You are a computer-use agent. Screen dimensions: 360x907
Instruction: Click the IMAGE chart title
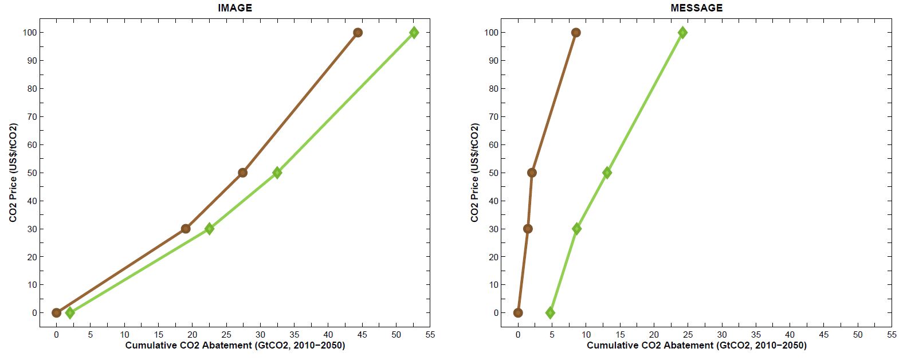click(x=234, y=8)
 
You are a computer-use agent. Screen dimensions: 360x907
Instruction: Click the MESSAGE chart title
click(x=696, y=8)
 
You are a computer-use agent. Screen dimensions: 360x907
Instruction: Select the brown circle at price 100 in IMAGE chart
click(x=358, y=33)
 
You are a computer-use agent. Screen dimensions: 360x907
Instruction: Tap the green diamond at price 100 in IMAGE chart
click(x=414, y=33)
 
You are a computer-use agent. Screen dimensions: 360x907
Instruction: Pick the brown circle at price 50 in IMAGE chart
click(x=242, y=173)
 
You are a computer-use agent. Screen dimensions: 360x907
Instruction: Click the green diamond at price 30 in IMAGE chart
click(x=209, y=229)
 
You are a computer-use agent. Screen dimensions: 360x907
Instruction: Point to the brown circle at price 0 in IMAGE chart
click(x=56, y=312)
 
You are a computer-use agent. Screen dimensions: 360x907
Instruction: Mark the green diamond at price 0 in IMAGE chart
click(x=70, y=312)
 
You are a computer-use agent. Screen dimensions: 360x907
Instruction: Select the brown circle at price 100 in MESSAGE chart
click(x=576, y=33)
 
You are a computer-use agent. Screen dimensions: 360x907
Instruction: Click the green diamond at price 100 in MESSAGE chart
click(x=682, y=33)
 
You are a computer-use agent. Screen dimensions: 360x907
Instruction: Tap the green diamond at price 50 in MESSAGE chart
click(x=607, y=173)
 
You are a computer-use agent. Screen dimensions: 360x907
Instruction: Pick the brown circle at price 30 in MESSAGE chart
click(x=528, y=229)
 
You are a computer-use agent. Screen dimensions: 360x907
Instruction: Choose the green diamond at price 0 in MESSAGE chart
click(x=550, y=312)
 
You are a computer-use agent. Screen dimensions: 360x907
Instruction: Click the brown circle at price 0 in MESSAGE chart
click(x=518, y=312)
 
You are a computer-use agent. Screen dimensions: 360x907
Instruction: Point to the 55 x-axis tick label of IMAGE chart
click(x=430, y=335)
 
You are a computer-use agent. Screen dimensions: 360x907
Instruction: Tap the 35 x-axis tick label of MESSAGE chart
click(x=756, y=335)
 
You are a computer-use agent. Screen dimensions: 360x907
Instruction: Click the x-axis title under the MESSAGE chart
click(x=696, y=346)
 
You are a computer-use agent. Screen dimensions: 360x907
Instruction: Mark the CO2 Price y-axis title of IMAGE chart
click(x=13, y=173)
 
